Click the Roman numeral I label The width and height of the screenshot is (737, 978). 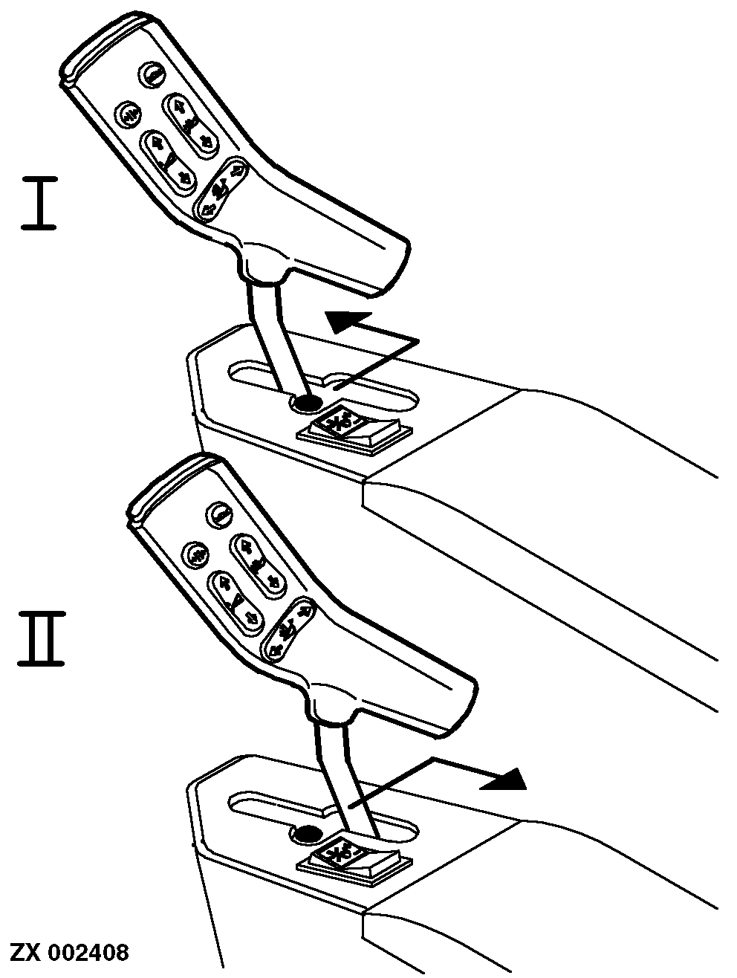tap(39, 203)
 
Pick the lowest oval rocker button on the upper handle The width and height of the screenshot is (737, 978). tap(221, 189)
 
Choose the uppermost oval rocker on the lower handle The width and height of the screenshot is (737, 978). tap(257, 565)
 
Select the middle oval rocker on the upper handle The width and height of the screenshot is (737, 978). tap(169, 163)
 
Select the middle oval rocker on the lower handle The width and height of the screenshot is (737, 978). tap(236, 603)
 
